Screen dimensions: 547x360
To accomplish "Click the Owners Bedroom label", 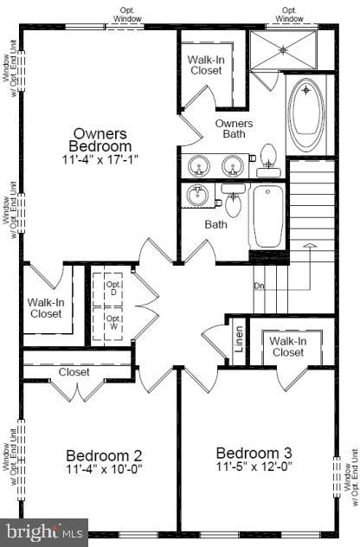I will tap(101, 140).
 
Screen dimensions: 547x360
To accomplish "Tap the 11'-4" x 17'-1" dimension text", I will tap(101, 160).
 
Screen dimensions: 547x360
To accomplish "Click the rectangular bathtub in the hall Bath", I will tap(267, 216).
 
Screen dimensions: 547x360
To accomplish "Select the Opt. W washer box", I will tap(113, 319).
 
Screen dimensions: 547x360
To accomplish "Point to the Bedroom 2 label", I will tap(104, 455).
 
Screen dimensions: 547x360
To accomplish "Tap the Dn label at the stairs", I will tap(259, 286).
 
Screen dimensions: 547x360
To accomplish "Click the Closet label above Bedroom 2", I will tap(74, 372).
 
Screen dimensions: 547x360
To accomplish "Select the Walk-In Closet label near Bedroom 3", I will tap(286, 346).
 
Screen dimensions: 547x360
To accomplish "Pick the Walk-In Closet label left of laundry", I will tap(44, 307).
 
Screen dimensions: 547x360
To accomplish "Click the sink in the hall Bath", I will tap(198, 195).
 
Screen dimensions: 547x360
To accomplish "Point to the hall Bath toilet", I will tap(232, 202).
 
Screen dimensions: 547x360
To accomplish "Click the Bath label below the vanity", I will tap(215, 224).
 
